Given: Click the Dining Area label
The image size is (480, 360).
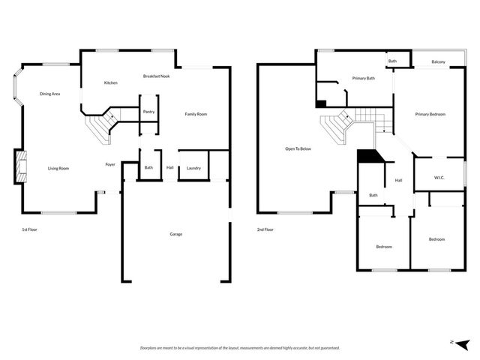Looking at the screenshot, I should click(x=50, y=94).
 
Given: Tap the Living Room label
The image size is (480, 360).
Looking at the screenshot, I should click(x=58, y=168).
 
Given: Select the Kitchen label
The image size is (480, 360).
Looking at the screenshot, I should click(x=110, y=82).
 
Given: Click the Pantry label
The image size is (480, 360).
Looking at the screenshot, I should click(x=148, y=112).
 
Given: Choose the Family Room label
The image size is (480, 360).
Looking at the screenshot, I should click(x=196, y=114).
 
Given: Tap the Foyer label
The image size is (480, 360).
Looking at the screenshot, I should click(x=109, y=163).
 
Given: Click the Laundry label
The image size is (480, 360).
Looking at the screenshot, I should click(x=193, y=168).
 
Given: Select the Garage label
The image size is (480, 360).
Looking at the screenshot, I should click(x=175, y=234).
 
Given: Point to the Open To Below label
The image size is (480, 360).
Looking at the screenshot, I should click(x=298, y=148).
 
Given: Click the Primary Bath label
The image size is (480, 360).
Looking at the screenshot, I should click(x=364, y=78).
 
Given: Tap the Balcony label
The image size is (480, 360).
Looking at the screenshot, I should click(x=439, y=61).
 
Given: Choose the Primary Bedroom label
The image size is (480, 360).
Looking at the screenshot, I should click(x=430, y=114).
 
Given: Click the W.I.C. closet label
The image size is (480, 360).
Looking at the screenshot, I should click(x=439, y=178).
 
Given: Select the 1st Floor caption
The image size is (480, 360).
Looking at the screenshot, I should click(x=28, y=229).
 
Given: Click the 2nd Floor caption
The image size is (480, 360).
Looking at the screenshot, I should click(x=265, y=229).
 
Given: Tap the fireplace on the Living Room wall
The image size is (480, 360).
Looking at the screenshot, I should click(x=19, y=166).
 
